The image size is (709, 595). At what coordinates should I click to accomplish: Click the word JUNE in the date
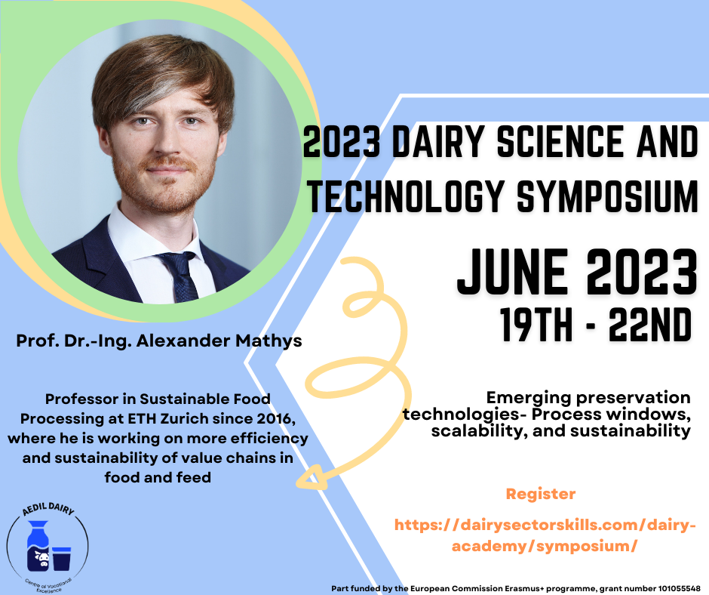pyautogui.click(x=512, y=272)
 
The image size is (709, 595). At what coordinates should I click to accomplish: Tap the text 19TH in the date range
pyautogui.click(x=536, y=325)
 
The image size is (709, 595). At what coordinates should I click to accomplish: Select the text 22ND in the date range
pyautogui.click(x=649, y=325)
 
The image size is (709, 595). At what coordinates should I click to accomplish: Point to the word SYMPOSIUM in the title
pyautogui.click(x=607, y=196)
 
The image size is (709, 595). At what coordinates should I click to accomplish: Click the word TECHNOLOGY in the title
pyautogui.click(x=406, y=196)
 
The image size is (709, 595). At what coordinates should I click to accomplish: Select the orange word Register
pyautogui.click(x=541, y=494)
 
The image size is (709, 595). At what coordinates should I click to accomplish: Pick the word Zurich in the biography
pyautogui.click(x=185, y=419)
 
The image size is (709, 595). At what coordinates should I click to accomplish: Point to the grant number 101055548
pyautogui.click(x=679, y=589)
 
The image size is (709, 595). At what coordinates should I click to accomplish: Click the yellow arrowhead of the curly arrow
pyautogui.click(x=311, y=477)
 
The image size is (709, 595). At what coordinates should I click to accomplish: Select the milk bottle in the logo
pyautogui.click(x=38, y=546)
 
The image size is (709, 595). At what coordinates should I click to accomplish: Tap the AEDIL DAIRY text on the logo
pyautogui.click(x=48, y=510)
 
